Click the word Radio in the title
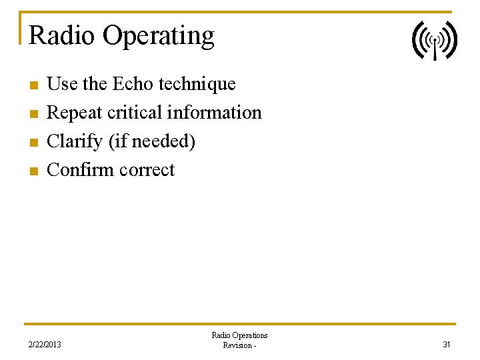62,35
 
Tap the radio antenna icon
434,40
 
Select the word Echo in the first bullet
135,84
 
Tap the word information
214,113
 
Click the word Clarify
75,142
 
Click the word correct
147,171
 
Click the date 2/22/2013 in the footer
45,345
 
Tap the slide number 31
447,345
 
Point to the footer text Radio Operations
239,335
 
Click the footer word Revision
237,345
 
